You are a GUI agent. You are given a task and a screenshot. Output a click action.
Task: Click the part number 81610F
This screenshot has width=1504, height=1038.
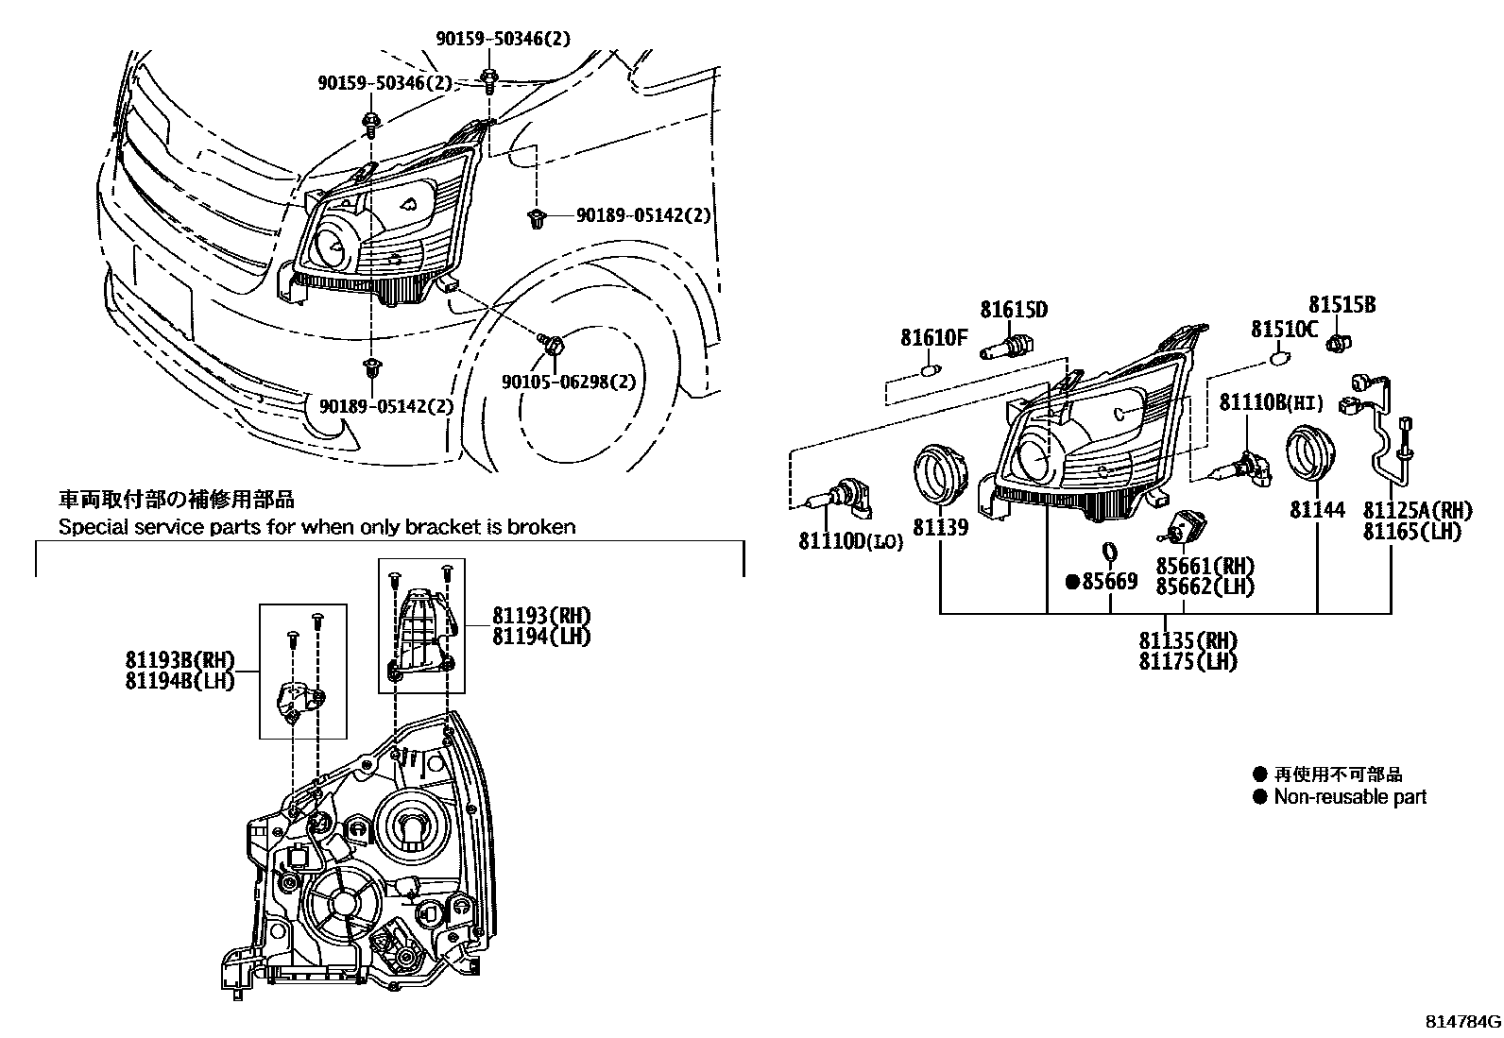click(x=933, y=336)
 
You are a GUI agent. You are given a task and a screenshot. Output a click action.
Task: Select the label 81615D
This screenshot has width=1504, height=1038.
click(x=1013, y=310)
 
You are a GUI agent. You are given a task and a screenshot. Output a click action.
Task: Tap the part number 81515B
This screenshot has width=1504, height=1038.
click(x=1342, y=304)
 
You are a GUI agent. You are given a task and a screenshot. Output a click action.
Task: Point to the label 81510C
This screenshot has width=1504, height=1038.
click(x=1284, y=329)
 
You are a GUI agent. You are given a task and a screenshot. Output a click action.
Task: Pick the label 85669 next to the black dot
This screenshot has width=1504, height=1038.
click(x=1109, y=582)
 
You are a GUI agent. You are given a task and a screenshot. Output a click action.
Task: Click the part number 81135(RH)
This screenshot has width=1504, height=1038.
click(x=1188, y=640)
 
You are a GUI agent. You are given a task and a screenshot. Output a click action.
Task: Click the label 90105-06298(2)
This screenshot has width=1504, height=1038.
click(x=569, y=382)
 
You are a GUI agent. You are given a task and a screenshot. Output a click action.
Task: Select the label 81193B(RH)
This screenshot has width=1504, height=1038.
click(x=179, y=658)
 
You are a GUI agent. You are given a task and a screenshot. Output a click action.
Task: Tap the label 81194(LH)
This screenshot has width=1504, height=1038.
click(x=541, y=637)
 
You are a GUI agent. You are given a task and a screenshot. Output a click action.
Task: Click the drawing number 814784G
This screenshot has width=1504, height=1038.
click(x=1462, y=1022)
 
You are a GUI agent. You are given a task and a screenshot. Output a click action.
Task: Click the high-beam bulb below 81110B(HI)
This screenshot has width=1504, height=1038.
click(x=1249, y=468)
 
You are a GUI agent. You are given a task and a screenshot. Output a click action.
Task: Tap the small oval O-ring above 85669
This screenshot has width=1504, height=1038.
click(x=1110, y=551)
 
